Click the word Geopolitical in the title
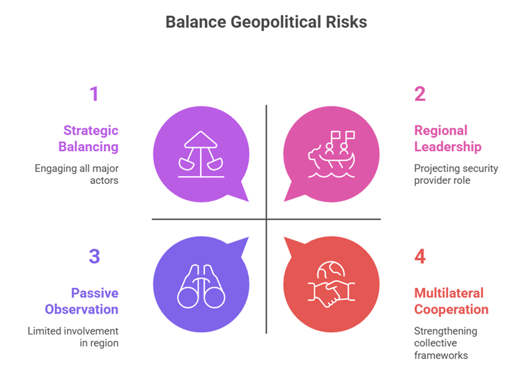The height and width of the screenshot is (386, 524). tap(276, 23)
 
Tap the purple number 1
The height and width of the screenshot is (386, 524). tap(94, 93)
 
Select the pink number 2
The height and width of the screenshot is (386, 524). tap(420, 93)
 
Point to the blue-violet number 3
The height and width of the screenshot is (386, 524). tap(95, 256)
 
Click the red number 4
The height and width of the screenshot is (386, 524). tap(420, 256)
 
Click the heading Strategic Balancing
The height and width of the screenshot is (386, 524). tap(88, 139)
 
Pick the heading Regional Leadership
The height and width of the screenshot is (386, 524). tap(448, 139)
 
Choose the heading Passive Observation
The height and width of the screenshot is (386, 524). tap(82, 301)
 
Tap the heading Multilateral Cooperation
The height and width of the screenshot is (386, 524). tap(451, 301)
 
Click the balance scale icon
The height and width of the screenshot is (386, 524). tap(201, 154)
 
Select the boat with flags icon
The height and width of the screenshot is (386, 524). tap(331, 154)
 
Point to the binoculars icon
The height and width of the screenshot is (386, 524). tap(201, 286)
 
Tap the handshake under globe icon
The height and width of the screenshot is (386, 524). tap(331, 284)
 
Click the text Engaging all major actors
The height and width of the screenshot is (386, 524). tap(77, 174)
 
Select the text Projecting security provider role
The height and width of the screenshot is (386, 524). tap(456, 174)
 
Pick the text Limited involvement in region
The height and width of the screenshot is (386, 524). tap(73, 337)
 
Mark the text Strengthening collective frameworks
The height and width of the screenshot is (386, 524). tap(446, 343)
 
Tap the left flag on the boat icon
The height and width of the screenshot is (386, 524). tap(335, 136)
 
